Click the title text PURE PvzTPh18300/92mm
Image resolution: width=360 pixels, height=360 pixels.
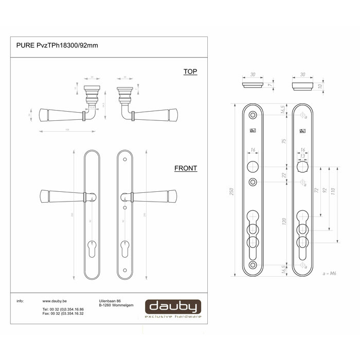57,45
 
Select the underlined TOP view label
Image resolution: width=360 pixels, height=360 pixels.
190,72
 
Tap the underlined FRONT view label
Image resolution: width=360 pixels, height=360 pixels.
186,168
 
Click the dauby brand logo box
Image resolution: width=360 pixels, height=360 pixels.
172,308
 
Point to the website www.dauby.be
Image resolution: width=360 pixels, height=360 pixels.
57,301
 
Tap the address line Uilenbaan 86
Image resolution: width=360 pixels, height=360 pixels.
110,301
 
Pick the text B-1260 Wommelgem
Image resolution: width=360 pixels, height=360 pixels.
116,305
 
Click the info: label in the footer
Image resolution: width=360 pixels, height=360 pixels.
21,301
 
